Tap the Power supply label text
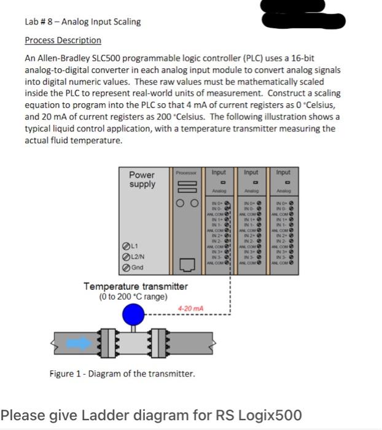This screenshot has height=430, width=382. pyautogui.click(x=142, y=179)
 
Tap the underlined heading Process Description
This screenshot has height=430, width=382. pyautogui.click(x=63, y=40)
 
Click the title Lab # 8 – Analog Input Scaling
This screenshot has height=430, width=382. pyautogui.click(x=82, y=21)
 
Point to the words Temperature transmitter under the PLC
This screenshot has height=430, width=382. pyautogui.click(x=135, y=287)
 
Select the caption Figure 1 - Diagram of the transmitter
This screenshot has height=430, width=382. pyautogui.click(x=122, y=373)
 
